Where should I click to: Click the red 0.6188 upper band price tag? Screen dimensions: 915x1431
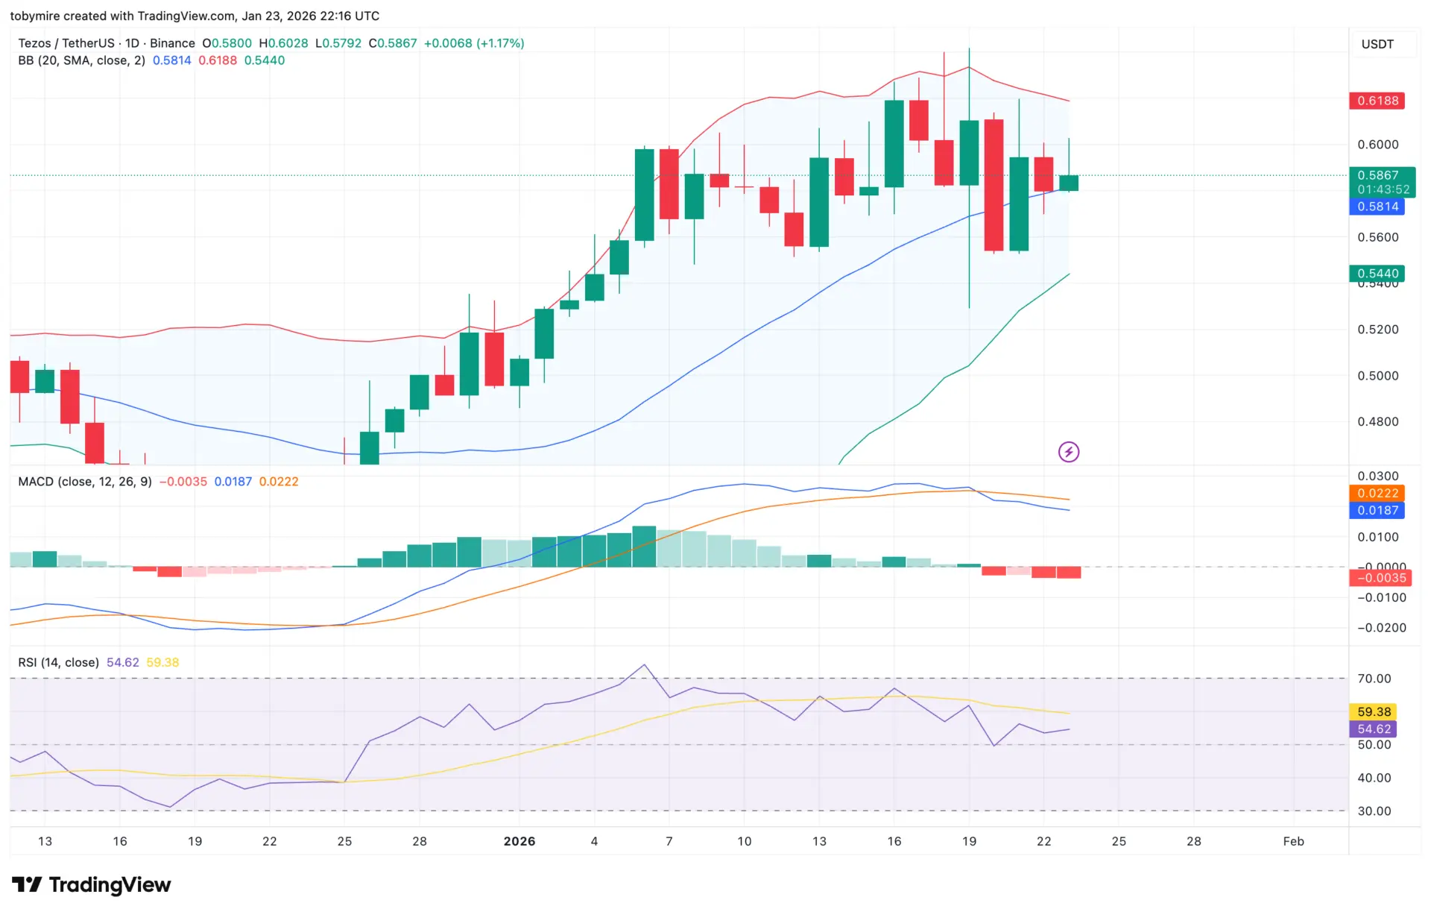coord(1377,101)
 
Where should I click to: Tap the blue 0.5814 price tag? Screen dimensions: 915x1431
coord(1377,207)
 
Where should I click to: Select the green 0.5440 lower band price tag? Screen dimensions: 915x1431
coord(1377,273)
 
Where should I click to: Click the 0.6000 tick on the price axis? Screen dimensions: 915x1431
coord(1377,145)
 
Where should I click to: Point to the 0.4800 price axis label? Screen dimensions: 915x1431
coord(1377,421)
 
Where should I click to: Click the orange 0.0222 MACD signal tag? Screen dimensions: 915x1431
coord(1377,493)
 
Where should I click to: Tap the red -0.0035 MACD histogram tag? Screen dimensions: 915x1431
coord(1380,578)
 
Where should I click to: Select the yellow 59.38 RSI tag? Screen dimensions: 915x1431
coord(1373,711)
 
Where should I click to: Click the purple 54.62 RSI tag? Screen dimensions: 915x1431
coord(1373,729)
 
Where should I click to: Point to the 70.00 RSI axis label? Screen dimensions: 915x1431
coord(1374,679)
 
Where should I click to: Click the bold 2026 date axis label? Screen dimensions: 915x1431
coord(519,841)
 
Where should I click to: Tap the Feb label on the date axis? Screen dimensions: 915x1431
coord(1293,841)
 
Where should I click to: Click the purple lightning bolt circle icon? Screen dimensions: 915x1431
coord(1069,452)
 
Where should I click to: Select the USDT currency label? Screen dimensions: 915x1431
coord(1377,44)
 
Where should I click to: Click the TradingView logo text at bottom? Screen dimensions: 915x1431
coord(109,885)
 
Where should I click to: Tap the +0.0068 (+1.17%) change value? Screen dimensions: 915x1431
coord(474,43)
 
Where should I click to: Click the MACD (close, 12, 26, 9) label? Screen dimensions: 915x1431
coord(85,482)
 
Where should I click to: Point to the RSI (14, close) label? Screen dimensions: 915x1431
coord(58,662)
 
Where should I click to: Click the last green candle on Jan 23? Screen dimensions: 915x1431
coord(1069,183)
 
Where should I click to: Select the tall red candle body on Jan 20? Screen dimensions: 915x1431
coord(994,185)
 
